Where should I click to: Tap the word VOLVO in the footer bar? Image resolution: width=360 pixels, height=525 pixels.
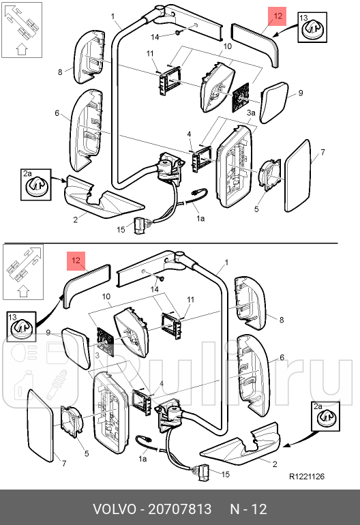pos(113,509)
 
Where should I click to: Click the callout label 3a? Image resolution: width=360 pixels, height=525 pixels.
pos(251,112)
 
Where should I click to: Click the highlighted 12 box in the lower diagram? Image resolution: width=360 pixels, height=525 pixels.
pos(76,260)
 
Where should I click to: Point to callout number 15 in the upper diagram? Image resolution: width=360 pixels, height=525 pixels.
pos(120,230)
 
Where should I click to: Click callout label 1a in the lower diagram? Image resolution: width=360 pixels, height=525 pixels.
pos(142,460)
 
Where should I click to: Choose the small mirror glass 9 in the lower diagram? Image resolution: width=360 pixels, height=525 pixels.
pos(76,346)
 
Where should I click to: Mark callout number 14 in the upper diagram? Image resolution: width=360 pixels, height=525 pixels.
pos(155,36)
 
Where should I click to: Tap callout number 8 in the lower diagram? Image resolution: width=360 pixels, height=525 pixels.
pos(281,318)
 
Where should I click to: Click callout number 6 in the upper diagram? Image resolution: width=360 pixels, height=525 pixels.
pos(58,112)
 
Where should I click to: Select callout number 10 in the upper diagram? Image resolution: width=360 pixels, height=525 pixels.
pos(228,46)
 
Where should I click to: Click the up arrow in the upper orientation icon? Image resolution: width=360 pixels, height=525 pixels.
pos(20,48)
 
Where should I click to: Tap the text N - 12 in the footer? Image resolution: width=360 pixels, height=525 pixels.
pos(248,509)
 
